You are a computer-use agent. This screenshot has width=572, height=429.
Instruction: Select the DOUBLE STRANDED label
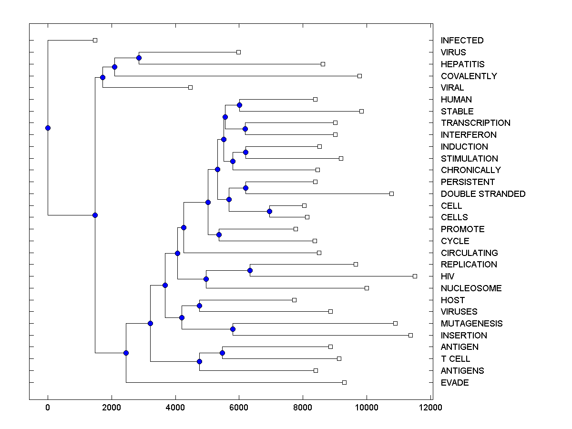click(x=483, y=194)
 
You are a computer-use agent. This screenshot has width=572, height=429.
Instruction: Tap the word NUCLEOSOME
click(x=471, y=288)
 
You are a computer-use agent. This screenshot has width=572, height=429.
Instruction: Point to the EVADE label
click(x=455, y=383)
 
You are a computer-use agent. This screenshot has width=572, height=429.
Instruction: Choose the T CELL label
click(x=455, y=359)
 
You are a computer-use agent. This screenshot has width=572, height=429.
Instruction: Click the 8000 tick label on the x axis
click(x=303, y=408)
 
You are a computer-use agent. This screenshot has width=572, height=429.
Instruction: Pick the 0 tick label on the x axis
click(x=48, y=408)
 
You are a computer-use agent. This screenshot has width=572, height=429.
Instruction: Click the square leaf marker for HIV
click(x=415, y=276)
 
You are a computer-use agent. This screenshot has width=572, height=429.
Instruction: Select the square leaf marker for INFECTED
click(x=95, y=40)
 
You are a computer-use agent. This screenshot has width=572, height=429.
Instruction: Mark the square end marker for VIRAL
click(x=190, y=87)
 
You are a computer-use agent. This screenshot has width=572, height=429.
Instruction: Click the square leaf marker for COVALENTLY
click(x=359, y=76)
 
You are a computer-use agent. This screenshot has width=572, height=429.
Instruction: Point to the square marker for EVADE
click(x=344, y=382)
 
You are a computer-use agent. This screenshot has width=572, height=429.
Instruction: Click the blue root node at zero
click(x=48, y=128)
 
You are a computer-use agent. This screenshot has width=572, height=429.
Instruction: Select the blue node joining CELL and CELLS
click(x=269, y=211)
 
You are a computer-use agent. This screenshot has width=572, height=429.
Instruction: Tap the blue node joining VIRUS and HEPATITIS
click(x=139, y=58)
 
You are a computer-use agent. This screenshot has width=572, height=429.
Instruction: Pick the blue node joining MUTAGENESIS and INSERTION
click(x=233, y=329)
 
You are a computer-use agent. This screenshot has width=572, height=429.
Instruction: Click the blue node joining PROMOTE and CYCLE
click(x=219, y=235)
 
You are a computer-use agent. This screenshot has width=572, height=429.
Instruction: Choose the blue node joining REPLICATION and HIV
click(x=250, y=270)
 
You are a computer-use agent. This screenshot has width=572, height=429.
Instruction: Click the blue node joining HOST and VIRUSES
click(x=199, y=306)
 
